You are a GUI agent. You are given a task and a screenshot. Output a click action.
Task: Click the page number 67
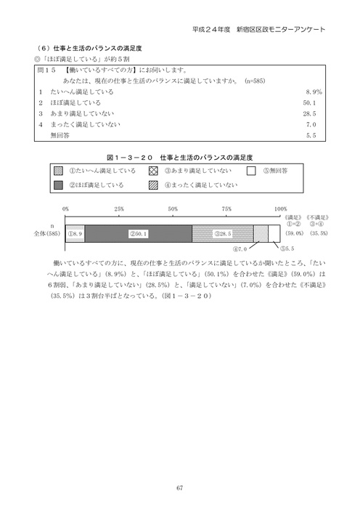pyautogui.click(x=179, y=468)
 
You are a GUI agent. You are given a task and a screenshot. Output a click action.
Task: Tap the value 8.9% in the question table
pyautogui.click(x=311, y=93)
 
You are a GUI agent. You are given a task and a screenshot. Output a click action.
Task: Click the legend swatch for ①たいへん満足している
pyautogui.click(x=59, y=171)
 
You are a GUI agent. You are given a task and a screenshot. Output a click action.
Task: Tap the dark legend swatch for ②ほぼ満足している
pyautogui.click(x=59, y=185)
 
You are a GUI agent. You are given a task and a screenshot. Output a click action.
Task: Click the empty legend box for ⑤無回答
pyautogui.click(x=251, y=171)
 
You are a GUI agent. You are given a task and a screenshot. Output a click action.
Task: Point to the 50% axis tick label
pyautogui.click(x=173, y=210)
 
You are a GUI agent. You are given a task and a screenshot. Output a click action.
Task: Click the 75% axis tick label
pyautogui.click(x=227, y=210)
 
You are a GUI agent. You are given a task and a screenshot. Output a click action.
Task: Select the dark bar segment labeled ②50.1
pyautogui.click(x=139, y=233)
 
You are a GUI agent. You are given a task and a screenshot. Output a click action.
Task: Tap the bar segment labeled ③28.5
pyautogui.click(x=223, y=233)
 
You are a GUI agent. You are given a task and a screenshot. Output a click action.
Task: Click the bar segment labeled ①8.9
pyautogui.click(x=75, y=233)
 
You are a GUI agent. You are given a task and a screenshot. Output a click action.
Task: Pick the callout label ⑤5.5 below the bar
pyautogui.click(x=287, y=250)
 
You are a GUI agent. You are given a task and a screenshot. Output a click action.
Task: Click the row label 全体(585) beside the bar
pyautogui.click(x=48, y=234)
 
